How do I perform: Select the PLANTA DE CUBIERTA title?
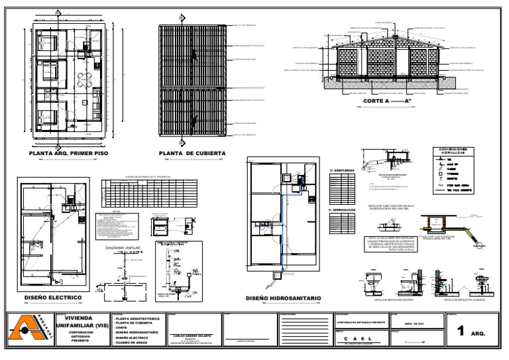pos(192,152)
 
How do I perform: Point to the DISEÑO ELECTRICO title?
pos(53,297)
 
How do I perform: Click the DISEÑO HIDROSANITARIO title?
pos(283,298)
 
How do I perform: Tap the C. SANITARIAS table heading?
pos(342,171)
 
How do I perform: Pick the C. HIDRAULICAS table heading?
pos(343,210)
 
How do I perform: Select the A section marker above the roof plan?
pos(182,17)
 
